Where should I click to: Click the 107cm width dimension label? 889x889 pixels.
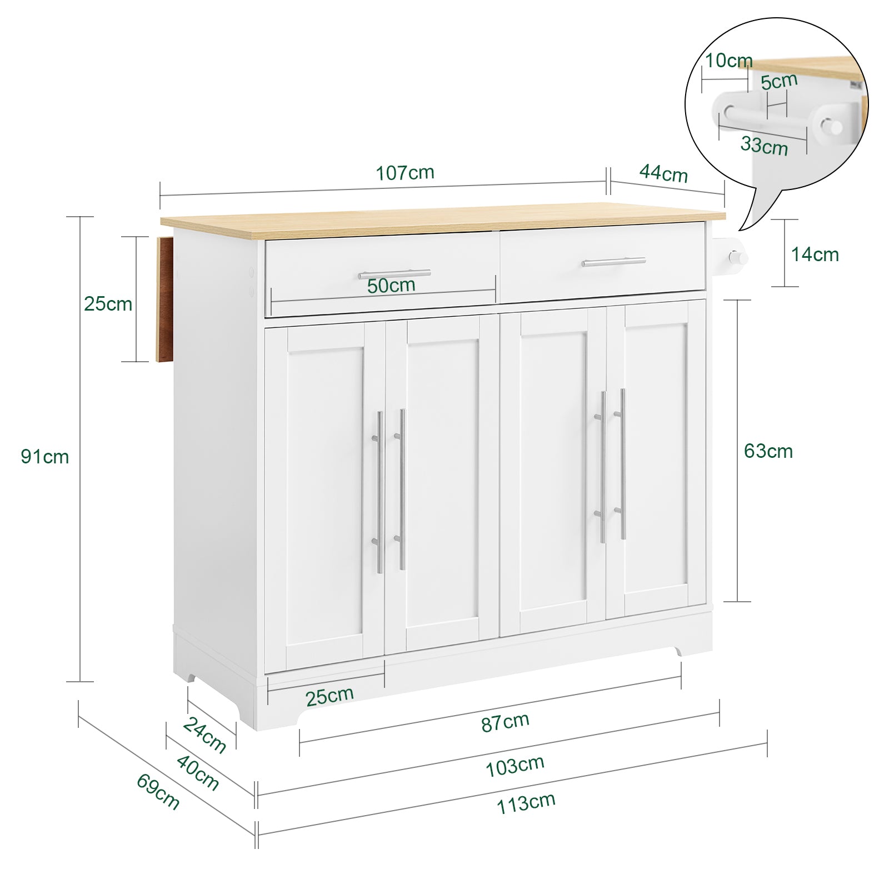coord(405,173)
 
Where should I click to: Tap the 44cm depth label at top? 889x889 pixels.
coord(663,173)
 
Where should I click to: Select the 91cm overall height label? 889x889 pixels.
coord(45,457)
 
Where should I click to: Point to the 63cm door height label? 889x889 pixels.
coord(768,451)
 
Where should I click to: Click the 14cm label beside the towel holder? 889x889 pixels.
coord(815,254)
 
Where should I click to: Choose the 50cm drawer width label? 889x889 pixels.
coord(391,286)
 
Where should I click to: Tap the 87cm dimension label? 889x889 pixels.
coord(505,722)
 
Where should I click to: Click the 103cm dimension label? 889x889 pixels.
coord(515,766)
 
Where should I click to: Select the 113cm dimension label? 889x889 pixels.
coord(526,803)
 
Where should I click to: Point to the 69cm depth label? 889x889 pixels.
coord(158,792)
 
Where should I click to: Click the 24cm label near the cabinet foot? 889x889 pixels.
coord(205,735)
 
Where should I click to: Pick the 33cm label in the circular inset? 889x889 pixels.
coord(764,146)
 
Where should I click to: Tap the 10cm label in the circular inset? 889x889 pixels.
coord(728,61)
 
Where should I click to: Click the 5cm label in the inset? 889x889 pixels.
coord(779,82)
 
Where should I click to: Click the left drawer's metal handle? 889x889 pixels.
coord(394,274)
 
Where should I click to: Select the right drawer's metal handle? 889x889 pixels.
coord(613,261)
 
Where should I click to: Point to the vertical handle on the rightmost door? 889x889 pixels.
coord(621,464)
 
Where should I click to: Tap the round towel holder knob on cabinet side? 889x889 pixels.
coord(736,258)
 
